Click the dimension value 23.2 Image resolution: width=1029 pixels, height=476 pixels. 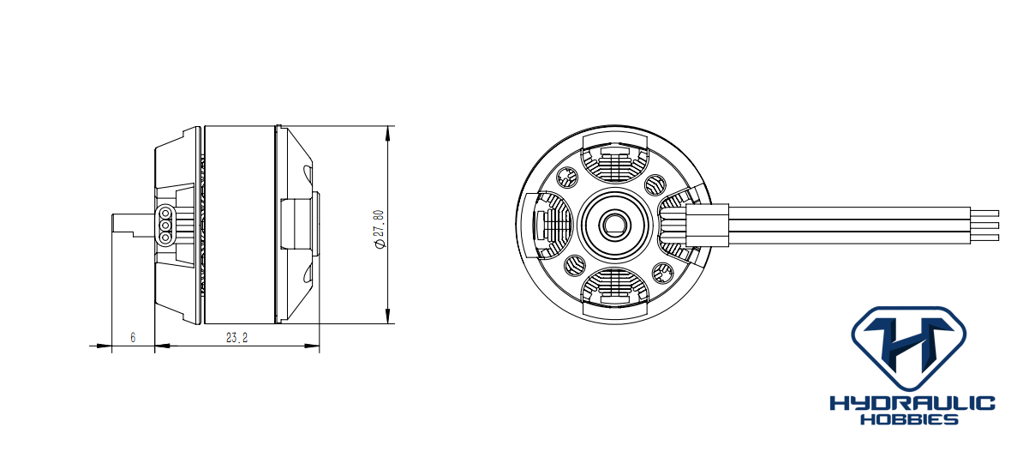(236, 338)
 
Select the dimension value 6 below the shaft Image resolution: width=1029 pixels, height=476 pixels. (133, 338)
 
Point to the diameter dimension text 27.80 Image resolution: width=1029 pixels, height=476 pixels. (379, 229)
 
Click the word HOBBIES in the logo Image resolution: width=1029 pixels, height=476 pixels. (911, 419)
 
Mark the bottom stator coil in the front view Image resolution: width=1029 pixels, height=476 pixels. (614, 287)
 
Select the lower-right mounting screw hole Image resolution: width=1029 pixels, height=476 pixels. (661, 273)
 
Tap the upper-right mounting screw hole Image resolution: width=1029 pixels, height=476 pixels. (654, 184)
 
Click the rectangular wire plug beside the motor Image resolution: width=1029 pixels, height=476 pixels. (708, 225)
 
